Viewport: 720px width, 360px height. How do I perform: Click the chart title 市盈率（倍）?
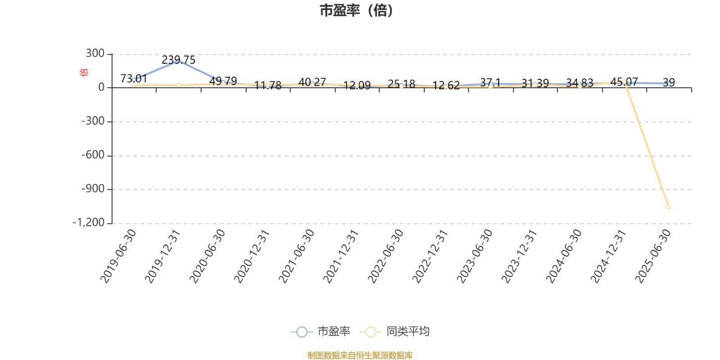click(356, 11)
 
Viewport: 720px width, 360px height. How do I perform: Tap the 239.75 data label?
click(178, 60)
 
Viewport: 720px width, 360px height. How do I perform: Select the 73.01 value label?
click(134, 78)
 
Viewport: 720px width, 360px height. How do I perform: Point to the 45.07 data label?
click(624, 82)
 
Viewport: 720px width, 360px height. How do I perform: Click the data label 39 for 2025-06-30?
click(669, 82)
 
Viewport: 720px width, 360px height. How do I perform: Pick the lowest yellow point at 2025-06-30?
click(669, 207)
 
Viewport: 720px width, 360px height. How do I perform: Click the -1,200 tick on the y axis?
click(89, 222)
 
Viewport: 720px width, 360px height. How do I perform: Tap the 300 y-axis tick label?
click(95, 54)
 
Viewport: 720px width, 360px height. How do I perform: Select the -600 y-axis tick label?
click(93, 155)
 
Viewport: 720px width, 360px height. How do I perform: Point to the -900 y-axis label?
click(93, 189)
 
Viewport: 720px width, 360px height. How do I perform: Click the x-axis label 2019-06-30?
click(118, 256)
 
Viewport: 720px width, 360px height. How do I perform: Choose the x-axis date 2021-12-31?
click(341, 256)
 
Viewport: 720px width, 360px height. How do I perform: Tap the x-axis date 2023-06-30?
click(474, 256)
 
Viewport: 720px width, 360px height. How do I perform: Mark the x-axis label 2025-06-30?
click(653, 256)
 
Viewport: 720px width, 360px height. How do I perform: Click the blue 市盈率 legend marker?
click(301, 332)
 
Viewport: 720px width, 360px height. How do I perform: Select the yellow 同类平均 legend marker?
click(371, 332)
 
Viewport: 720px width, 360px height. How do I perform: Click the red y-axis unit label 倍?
click(84, 72)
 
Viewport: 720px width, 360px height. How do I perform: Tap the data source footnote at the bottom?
click(360, 355)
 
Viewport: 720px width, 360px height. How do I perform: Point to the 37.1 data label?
click(490, 83)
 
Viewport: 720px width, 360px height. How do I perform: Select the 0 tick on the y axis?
click(102, 87)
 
